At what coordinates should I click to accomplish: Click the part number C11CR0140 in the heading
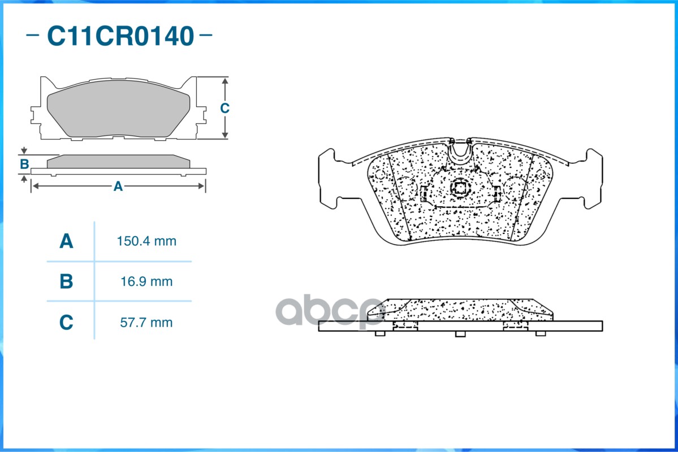(120, 36)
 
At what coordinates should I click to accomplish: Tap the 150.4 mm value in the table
(146, 241)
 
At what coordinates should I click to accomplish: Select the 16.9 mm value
(146, 282)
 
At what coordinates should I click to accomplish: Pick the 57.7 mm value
(146, 323)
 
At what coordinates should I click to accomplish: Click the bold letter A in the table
(66, 241)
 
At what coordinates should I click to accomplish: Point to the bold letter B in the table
(66, 281)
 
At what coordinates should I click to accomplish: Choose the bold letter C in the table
(66, 323)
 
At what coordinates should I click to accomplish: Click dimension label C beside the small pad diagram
(224, 108)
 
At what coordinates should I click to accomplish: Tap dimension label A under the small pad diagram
(118, 186)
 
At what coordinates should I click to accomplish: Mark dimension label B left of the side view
(24, 164)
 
